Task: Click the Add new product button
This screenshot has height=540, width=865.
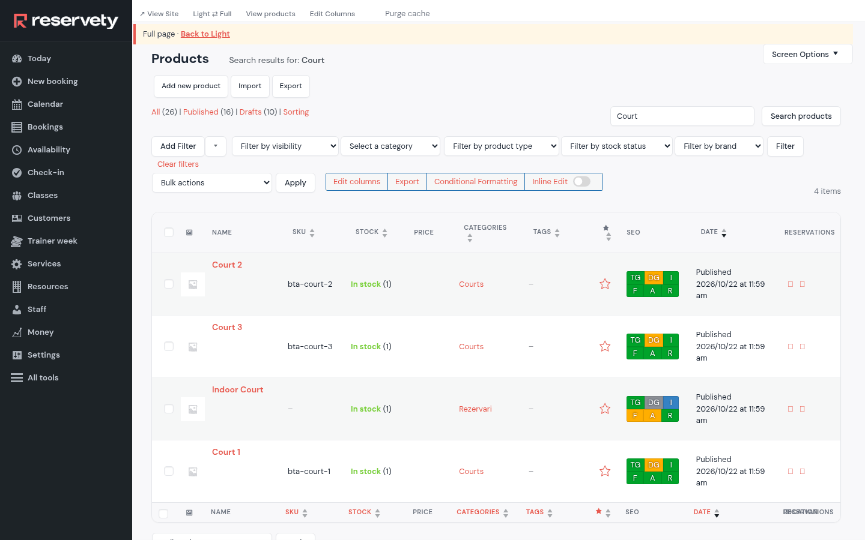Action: (x=191, y=86)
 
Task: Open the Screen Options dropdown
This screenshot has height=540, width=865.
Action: (x=807, y=55)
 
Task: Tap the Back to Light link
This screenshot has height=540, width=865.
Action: (x=205, y=34)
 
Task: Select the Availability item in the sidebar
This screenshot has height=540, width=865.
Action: (x=49, y=149)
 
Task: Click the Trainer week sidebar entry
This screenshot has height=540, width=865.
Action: (x=52, y=241)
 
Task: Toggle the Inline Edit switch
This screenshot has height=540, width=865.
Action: (x=581, y=182)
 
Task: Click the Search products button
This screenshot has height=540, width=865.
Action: (x=801, y=116)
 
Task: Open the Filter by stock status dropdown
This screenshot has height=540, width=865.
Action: (x=617, y=146)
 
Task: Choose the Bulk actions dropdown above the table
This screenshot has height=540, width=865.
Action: (x=212, y=183)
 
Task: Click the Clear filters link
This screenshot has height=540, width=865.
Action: (x=178, y=164)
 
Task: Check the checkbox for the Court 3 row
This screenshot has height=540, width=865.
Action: (x=169, y=346)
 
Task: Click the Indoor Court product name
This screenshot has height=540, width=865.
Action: (x=237, y=389)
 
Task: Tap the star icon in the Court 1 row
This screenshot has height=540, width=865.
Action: (x=605, y=471)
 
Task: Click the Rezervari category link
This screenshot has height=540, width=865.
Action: (x=475, y=409)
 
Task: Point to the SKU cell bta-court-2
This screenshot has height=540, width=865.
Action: (x=310, y=284)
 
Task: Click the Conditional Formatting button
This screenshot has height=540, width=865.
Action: (x=475, y=182)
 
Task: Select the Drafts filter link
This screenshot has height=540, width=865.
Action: (x=250, y=112)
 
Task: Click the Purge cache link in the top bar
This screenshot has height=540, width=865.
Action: (x=407, y=13)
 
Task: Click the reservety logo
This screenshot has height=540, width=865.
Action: (x=65, y=21)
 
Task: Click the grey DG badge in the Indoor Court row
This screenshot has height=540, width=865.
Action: (x=654, y=402)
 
